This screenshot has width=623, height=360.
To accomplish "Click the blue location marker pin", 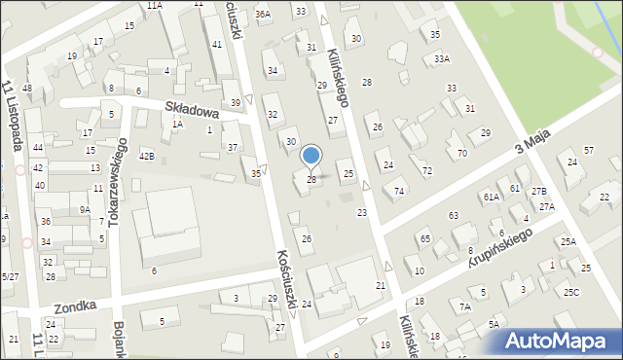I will click(x=311, y=156).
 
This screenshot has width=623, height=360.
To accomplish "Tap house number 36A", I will click(x=262, y=14).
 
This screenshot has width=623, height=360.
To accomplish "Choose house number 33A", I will click(x=442, y=59).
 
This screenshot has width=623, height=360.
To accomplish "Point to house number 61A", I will click(x=491, y=197).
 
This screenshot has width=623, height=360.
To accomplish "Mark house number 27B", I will click(x=538, y=192).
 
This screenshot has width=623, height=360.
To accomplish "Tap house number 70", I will click(x=461, y=153).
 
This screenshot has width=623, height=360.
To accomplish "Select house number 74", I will click(x=399, y=191).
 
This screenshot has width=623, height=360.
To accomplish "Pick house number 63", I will click(x=453, y=214).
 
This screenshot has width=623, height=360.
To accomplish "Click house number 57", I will click(x=588, y=150).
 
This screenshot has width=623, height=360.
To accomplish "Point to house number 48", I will click(x=27, y=89).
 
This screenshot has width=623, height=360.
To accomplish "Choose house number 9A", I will click(x=85, y=209).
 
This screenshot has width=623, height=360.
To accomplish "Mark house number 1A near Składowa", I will click(x=177, y=124).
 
